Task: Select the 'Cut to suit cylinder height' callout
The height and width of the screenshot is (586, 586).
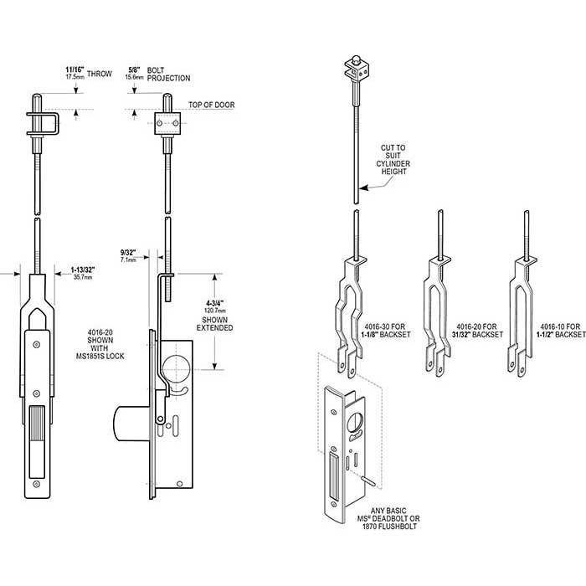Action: pyautogui.click(x=394, y=159)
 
